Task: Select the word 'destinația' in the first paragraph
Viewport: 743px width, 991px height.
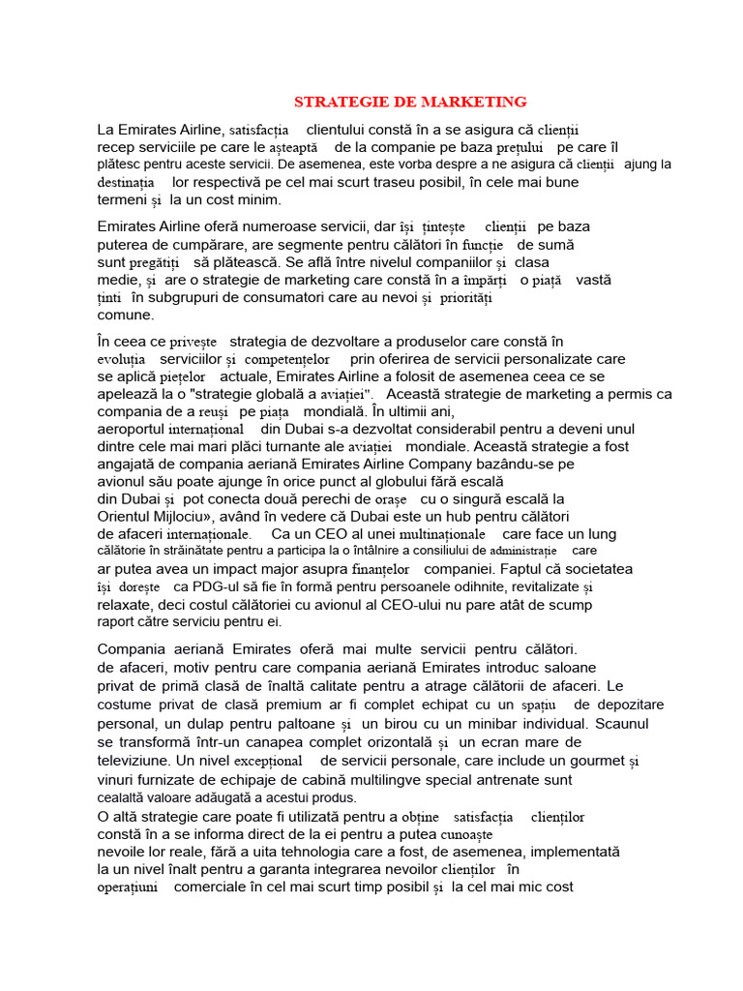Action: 126,183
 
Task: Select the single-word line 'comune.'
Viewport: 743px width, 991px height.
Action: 126,315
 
